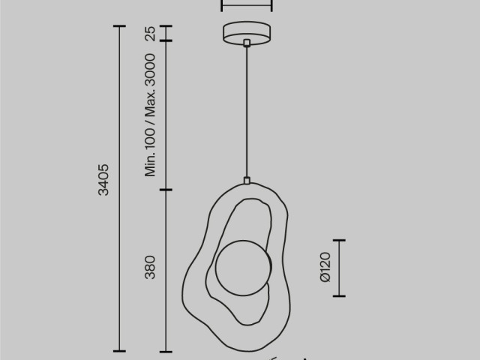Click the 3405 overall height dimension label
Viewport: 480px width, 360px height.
click(x=104, y=179)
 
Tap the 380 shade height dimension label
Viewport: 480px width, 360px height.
click(x=150, y=268)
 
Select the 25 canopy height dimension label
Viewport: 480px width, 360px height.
click(x=150, y=33)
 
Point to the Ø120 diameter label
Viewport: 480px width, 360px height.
click(x=324, y=268)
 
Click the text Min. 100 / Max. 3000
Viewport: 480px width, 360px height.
click(x=150, y=115)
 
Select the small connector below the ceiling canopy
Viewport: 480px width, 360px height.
click(x=246, y=44)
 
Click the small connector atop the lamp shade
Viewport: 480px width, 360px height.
click(x=246, y=180)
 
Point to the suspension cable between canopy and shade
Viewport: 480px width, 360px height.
click(x=246, y=112)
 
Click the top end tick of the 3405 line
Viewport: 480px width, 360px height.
click(x=118, y=26)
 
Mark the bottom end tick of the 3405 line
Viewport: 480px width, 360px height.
click(x=118, y=350)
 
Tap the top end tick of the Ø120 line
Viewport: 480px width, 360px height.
click(x=339, y=241)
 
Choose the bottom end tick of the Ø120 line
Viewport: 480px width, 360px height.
click(x=339, y=295)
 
